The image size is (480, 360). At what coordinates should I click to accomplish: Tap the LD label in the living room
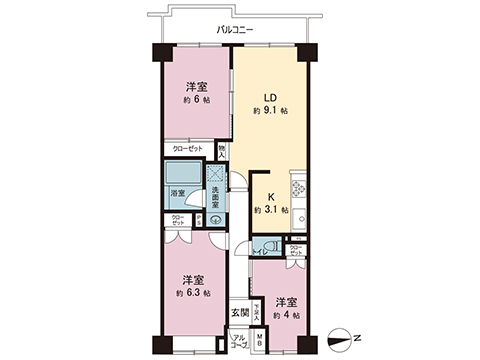pos(269,97)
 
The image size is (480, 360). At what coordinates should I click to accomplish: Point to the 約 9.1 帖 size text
pos(269,111)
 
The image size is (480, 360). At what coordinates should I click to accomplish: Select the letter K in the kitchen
pos(270,197)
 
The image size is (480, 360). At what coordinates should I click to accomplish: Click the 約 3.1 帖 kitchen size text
pos(270,211)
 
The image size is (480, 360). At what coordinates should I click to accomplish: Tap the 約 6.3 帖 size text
pos(193,293)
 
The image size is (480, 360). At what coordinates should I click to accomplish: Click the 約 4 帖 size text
pos(285,315)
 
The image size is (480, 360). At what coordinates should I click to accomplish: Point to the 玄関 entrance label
pos(240,313)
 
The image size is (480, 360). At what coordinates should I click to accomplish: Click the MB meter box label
pos(258,340)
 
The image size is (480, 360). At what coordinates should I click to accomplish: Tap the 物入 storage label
pos(221,153)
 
